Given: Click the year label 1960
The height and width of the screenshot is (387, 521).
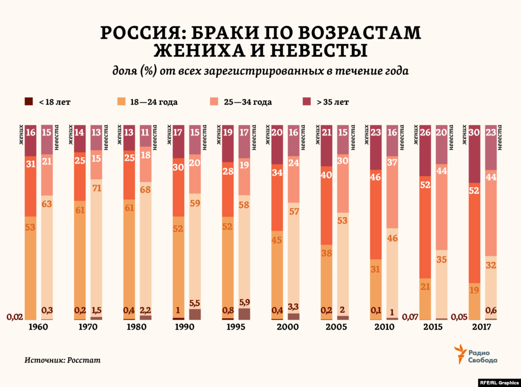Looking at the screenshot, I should [38, 327].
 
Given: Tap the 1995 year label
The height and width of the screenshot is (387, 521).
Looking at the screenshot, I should [235, 327].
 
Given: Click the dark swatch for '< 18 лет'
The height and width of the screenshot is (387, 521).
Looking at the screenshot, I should [28, 102].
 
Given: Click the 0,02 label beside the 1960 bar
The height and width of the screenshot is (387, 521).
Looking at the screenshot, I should [14, 317].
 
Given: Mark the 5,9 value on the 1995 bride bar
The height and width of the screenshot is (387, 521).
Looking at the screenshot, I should [244, 302].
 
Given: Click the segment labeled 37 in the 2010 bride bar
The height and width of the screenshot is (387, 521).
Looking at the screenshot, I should [392, 162].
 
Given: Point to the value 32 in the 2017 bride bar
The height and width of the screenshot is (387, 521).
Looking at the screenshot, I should [490, 265].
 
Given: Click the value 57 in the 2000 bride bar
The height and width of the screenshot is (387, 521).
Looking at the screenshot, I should [294, 211].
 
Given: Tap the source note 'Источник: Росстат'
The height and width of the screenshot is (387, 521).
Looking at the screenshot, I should [63, 360].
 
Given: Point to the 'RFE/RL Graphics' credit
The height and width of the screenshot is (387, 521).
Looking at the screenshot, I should [498, 382].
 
